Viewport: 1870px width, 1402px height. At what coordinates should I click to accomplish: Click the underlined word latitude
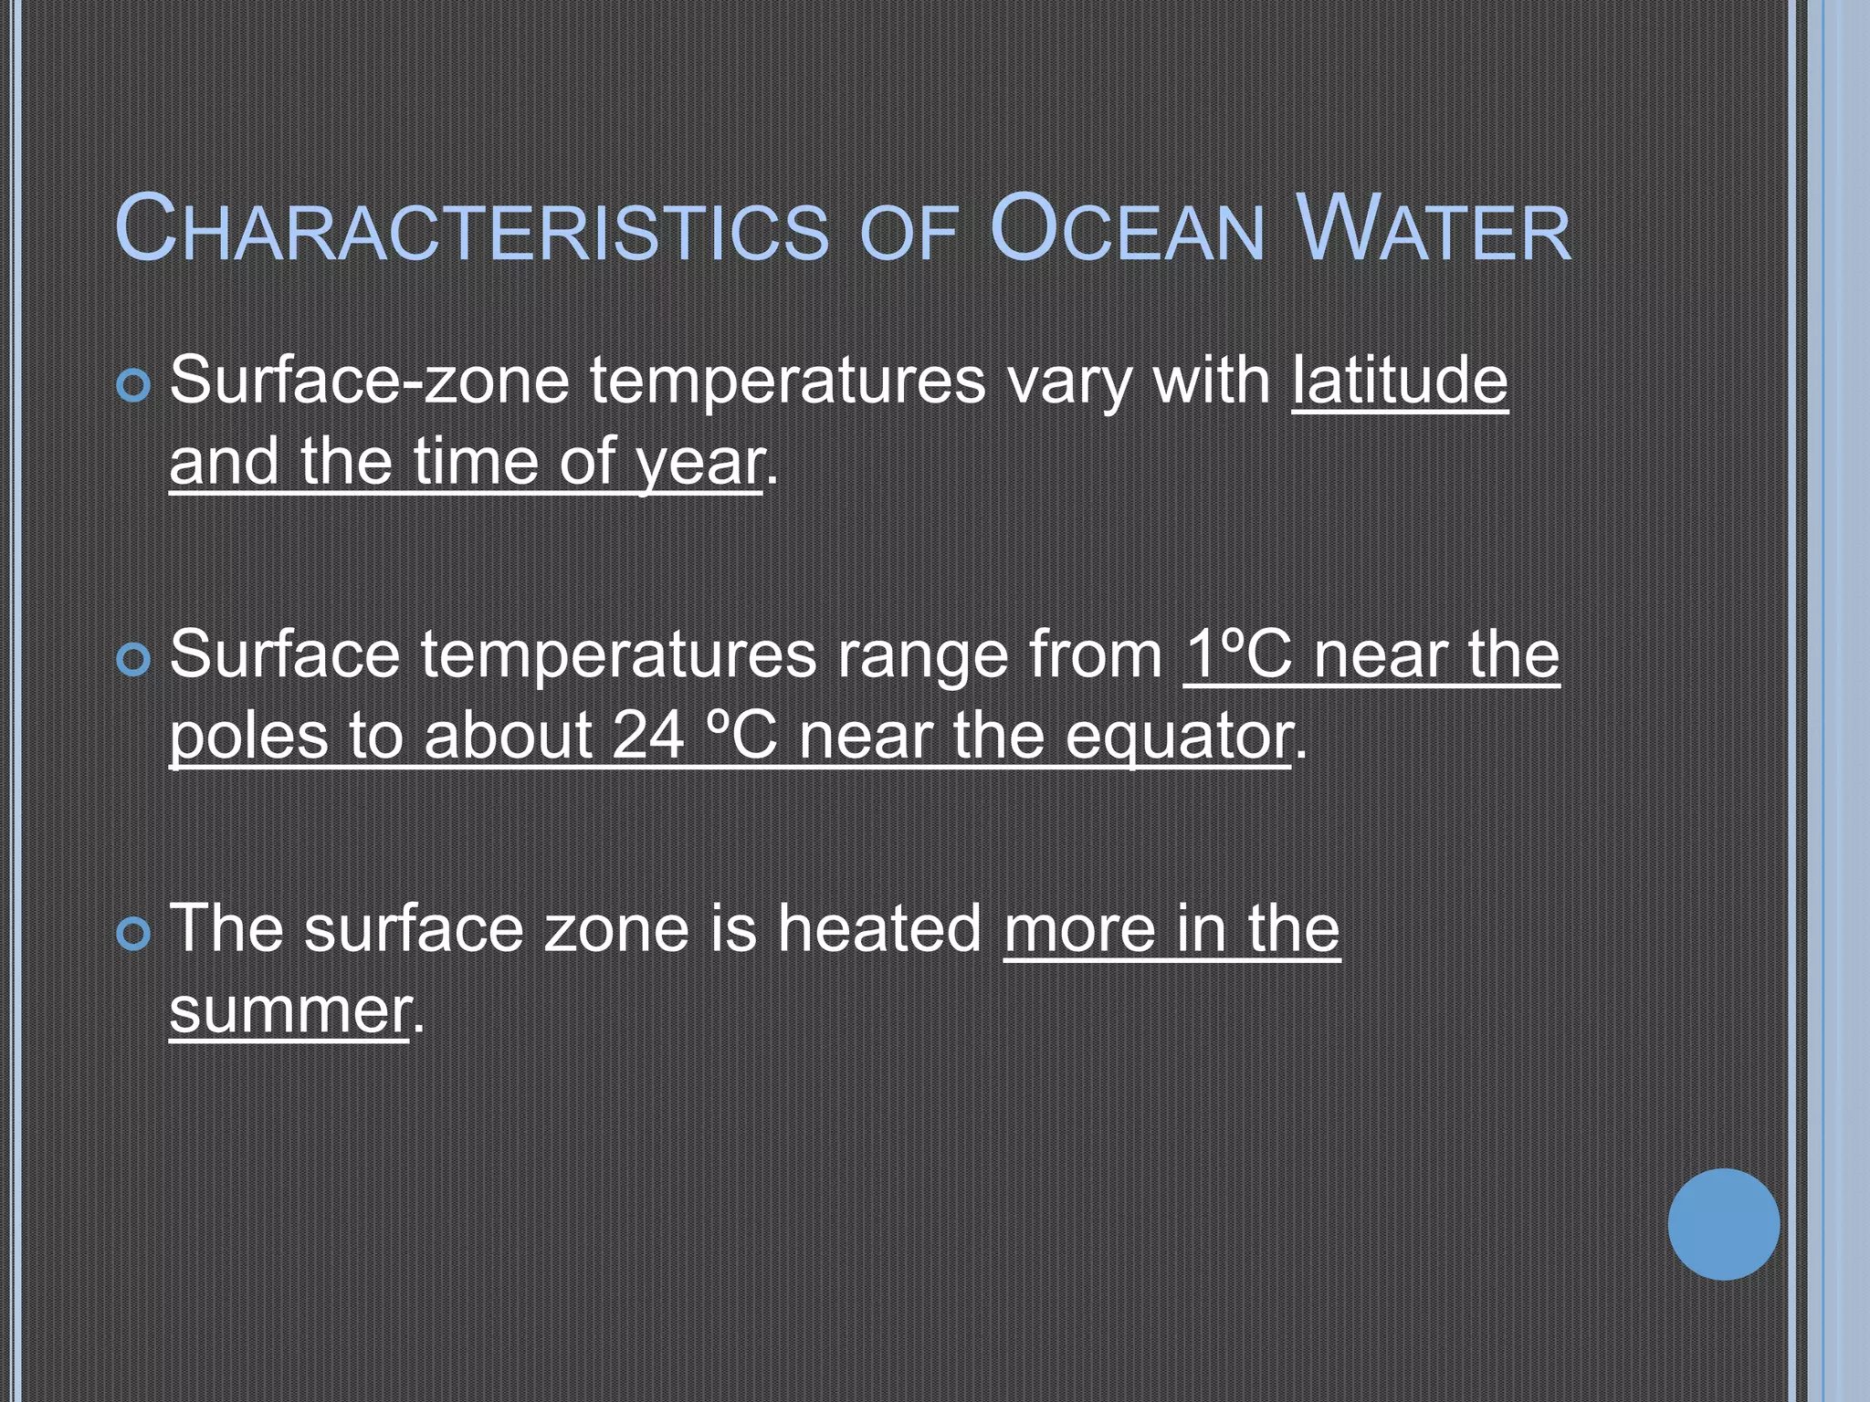pyautogui.click(x=1399, y=381)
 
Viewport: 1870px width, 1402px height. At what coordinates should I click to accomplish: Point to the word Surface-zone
pyautogui.click(x=369, y=381)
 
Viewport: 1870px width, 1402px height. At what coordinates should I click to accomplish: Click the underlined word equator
pyautogui.click(x=1179, y=738)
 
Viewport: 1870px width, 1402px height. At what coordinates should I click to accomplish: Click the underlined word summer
pyautogui.click(x=289, y=1011)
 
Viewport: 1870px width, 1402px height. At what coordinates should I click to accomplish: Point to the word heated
pyautogui.click(x=879, y=929)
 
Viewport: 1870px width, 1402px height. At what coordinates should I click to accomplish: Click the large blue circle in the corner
pyautogui.click(x=1723, y=1224)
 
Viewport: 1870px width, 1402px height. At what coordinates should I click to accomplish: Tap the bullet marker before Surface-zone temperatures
pyautogui.click(x=133, y=386)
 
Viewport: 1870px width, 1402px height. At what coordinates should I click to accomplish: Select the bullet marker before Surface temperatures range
pyautogui.click(x=133, y=660)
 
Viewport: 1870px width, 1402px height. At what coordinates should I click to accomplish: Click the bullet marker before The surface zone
pyautogui.click(x=133, y=934)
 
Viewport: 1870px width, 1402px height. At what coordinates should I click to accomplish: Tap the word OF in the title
pyautogui.click(x=909, y=234)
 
